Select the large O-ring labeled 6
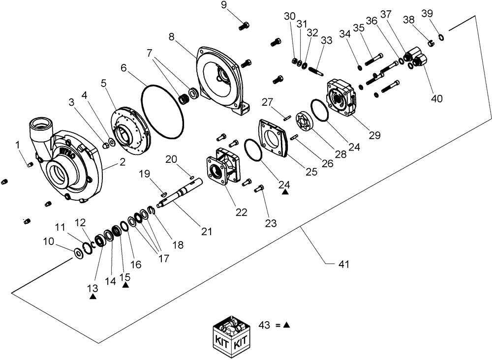tap(163, 111)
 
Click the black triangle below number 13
tap(93, 297)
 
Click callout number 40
tap(436, 98)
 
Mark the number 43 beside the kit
tap(265, 325)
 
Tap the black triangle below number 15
tap(125, 285)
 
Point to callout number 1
tap(18, 145)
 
